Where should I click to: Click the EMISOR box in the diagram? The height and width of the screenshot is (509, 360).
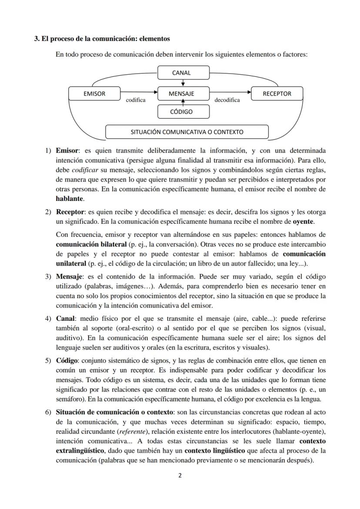94,93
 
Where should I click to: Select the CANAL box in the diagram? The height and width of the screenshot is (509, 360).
183,73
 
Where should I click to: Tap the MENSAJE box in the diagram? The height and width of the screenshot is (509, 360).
183,93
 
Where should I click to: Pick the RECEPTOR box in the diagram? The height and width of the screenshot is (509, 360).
277,93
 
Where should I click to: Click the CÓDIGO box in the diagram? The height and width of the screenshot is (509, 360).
183,112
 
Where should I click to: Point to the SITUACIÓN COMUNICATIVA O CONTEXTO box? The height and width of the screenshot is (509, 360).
187,132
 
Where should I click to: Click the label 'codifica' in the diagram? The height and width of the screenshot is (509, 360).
136,100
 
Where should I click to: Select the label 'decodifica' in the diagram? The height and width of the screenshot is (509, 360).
227,100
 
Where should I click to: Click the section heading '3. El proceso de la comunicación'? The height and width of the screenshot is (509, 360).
102,39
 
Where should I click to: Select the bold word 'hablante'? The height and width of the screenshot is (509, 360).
70,199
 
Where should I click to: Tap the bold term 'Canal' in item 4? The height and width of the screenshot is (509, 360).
64,319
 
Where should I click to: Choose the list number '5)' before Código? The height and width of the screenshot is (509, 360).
49,361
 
